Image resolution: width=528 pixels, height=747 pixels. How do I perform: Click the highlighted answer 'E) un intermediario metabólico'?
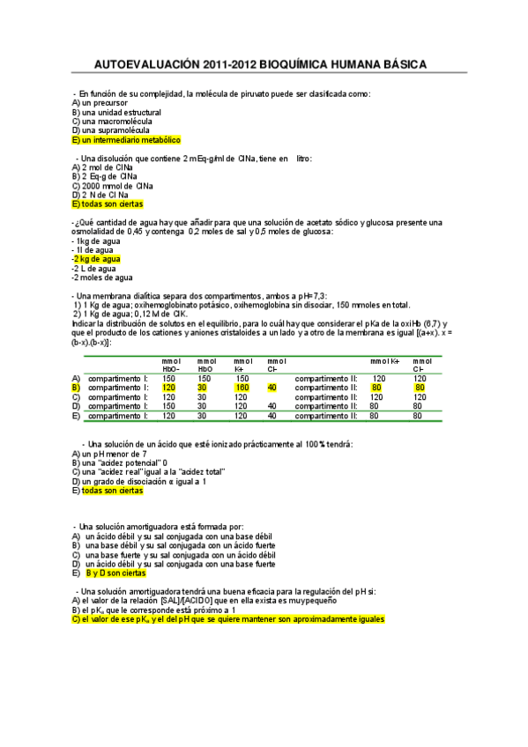point(125,139)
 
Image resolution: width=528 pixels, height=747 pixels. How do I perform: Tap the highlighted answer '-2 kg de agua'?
point(96,259)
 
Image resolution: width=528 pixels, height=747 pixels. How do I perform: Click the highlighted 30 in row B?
point(202,388)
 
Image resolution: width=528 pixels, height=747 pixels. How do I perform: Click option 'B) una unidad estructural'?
point(116,112)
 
